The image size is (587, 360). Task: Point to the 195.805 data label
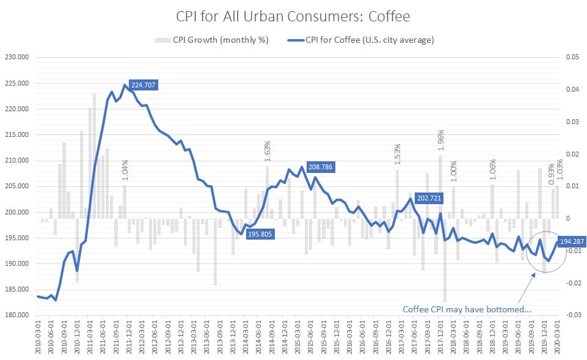click(261, 233)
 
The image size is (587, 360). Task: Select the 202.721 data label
click(430, 198)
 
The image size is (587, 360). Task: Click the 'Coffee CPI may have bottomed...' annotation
click(467, 309)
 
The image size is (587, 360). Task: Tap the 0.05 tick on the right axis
click(572, 57)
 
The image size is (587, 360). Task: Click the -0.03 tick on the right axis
click(572, 315)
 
